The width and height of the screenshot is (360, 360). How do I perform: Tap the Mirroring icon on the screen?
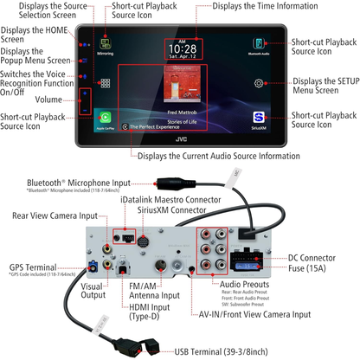tap(106, 46)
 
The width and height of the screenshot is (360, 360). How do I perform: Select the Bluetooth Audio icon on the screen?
tap(259, 46)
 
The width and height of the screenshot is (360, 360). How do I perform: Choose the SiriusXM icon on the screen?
tap(259, 118)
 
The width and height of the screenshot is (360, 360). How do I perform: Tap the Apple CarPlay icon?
tap(106, 118)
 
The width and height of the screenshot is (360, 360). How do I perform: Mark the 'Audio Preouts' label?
tap(245, 283)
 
